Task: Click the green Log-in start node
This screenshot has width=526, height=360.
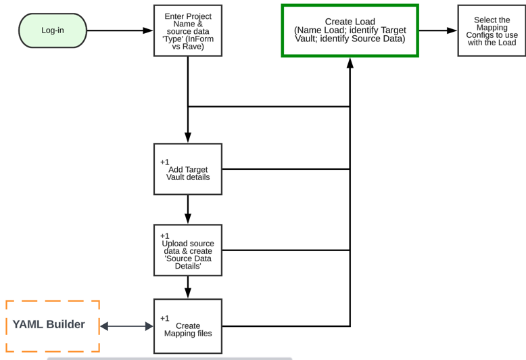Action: pos(53,30)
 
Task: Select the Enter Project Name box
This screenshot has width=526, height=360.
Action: pos(188,30)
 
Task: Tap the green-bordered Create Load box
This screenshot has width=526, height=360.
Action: pos(350,30)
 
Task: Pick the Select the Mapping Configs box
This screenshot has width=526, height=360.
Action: pos(492,30)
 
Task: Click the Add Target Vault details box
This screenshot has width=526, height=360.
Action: pos(188,169)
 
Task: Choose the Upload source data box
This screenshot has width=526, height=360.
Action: pos(188,250)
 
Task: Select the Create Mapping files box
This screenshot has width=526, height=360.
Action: pos(188,326)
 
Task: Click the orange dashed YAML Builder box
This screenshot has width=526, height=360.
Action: pos(53,325)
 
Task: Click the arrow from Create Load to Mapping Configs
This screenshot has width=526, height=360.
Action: pos(438,30)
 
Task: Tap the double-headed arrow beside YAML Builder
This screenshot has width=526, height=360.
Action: pos(127,326)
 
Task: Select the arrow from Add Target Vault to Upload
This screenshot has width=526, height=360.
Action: pos(188,210)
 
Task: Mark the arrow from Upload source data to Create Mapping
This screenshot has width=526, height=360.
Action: pos(188,287)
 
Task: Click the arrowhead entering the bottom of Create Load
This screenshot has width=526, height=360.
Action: pos(350,62)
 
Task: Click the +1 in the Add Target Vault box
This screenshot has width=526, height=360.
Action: pos(165,162)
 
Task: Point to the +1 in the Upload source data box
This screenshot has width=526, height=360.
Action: pos(165,236)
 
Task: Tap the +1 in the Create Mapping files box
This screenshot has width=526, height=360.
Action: pos(165,319)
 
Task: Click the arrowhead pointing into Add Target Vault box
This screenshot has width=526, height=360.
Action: pos(188,138)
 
